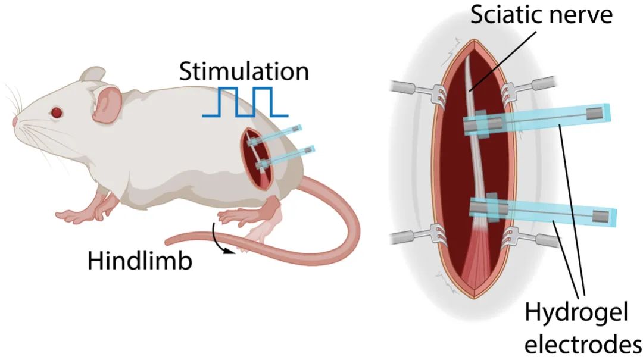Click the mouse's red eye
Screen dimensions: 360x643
[x=57, y=111]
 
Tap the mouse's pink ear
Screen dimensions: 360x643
[x=106, y=102]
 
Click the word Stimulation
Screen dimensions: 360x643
[x=244, y=72]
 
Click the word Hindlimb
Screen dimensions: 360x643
[x=140, y=261]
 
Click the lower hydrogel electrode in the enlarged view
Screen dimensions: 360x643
[x=542, y=211]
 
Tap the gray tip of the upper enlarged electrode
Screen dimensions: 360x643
[x=595, y=113]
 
